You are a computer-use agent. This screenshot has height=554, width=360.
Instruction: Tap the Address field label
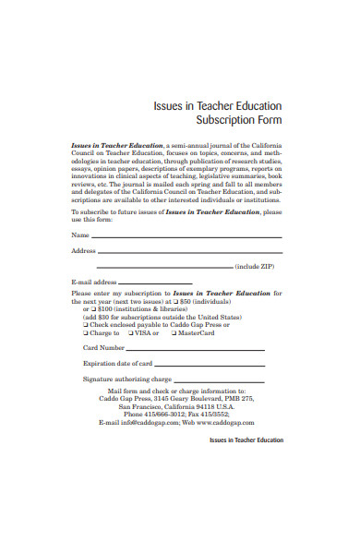click(83, 251)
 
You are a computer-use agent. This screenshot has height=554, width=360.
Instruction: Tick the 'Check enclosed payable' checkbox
click(86, 325)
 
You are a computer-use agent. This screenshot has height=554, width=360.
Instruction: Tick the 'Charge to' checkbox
click(86, 332)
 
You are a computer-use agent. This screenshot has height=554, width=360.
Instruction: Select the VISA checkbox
click(131, 332)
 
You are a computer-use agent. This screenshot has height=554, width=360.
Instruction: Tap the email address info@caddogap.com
click(133, 422)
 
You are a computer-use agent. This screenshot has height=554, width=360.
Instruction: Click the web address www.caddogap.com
click(228, 422)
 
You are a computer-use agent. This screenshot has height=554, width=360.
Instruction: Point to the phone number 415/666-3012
click(162, 415)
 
